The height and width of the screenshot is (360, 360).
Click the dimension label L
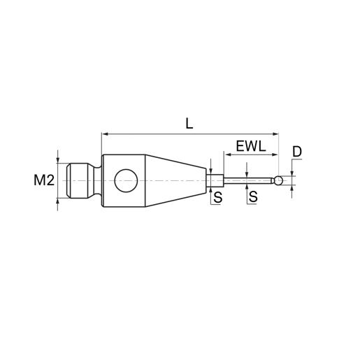coord(189,124)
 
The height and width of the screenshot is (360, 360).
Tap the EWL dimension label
coord(251,147)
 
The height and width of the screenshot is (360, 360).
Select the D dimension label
coord(297,152)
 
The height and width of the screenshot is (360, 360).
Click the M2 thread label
coord(44,180)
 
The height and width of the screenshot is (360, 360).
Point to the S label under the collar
coord(218,197)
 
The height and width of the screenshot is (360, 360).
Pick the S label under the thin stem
coord(253,196)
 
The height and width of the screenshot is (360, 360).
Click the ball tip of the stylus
coord(279,180)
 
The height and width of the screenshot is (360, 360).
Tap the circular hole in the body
coord(126,181)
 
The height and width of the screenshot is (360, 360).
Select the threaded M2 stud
coord(78,181)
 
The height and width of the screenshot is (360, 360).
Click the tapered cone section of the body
coord(176,181)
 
